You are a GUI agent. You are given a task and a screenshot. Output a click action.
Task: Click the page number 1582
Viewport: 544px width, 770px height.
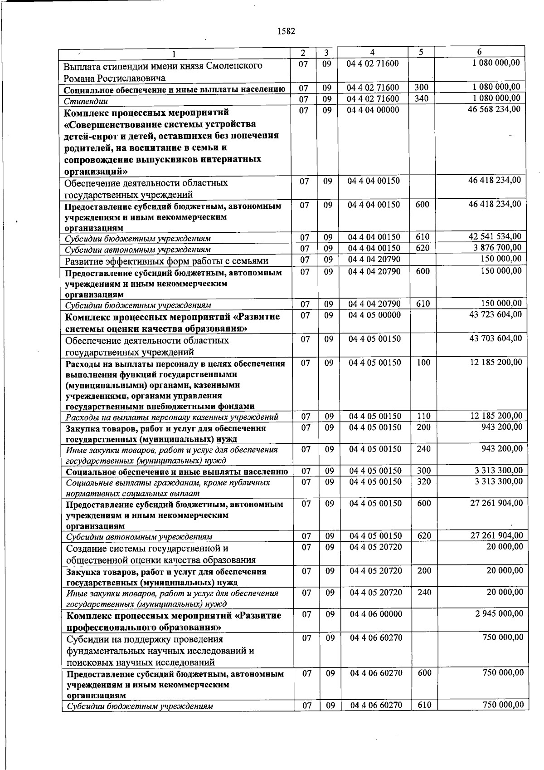(286, 31)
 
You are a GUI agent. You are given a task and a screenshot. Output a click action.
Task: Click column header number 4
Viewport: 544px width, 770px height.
(372, 52)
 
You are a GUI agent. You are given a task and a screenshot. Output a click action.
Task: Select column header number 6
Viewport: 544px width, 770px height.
(479, 52)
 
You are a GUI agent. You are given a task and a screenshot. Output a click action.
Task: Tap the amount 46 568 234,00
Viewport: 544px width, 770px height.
(494, 109)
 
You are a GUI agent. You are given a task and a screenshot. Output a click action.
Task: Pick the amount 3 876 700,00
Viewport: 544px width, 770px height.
(497, 248)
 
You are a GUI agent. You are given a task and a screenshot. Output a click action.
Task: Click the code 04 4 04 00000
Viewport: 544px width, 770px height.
(374, 110)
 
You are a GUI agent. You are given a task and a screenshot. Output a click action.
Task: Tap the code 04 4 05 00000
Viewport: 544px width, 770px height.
(374, 315)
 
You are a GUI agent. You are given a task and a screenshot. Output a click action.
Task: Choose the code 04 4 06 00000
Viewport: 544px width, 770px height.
(376, 614)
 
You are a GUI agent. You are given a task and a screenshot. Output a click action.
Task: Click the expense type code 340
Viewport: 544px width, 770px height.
(422, 98)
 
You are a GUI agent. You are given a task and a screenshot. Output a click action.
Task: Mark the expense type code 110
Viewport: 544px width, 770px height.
(423, 416)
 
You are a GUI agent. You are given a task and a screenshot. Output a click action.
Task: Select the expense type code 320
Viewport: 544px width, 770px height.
(424, 481)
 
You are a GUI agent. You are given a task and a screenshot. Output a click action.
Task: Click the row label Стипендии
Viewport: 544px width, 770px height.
(86, 101)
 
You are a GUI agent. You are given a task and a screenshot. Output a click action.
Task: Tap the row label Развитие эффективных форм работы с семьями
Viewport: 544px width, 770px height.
(166, 261)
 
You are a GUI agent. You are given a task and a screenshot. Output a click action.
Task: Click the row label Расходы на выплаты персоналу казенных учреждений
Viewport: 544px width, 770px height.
(172, 417)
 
